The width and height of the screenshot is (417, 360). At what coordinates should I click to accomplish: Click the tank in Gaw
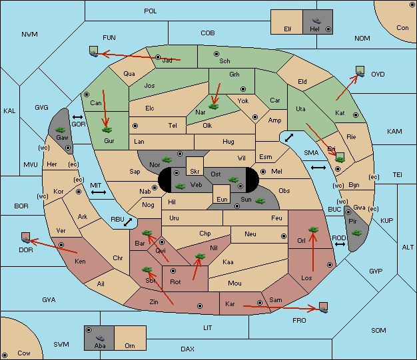61,130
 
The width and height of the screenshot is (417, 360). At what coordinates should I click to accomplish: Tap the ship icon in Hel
316,21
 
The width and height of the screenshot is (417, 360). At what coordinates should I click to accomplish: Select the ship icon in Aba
100,338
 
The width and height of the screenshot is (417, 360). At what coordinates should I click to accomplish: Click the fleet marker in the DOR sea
26,238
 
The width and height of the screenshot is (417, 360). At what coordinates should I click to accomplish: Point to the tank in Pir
356,233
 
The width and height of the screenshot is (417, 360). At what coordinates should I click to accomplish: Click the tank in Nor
167,160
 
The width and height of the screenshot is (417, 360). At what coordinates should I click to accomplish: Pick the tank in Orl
313,230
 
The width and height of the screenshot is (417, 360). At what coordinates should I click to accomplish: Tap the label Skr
195,172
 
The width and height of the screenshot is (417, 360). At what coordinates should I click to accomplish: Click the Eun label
222,199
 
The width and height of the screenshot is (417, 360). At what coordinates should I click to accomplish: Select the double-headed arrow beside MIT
99,192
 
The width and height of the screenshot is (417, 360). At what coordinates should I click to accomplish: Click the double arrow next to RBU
128,222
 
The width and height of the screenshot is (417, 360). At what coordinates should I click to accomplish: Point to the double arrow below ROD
340,244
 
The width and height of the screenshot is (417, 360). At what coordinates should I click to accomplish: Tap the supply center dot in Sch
216,54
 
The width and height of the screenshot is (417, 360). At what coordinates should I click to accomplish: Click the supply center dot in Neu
284,236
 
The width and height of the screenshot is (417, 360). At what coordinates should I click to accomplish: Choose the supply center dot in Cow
5,355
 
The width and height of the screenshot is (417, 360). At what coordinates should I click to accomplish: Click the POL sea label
151,11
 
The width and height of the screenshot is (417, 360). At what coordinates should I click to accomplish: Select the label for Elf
288,29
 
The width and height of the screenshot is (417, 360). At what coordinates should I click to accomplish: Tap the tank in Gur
107,130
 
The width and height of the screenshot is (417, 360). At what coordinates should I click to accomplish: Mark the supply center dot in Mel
263,172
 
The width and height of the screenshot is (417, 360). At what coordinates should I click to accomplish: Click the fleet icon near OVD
360,71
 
